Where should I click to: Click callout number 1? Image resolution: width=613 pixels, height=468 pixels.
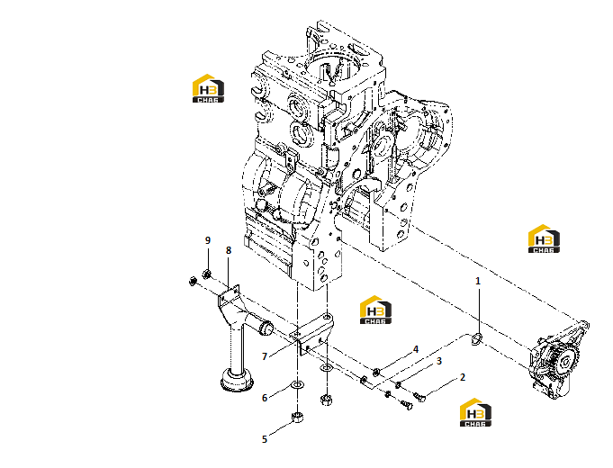[x=477, y=281]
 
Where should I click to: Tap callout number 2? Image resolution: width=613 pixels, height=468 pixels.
[x=463, y=377]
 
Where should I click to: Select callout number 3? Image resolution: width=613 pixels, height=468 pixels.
[x=439, y=361]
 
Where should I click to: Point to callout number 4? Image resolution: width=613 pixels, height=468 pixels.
[x=416, y=349]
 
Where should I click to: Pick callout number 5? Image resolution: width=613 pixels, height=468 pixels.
[x=265, y=439]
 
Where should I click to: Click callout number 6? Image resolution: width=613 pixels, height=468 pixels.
[x=265, y=398]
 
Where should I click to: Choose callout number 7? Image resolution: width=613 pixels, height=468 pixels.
[x=265, y=356]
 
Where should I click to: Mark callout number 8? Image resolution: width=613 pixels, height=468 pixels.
[x=229, y=250]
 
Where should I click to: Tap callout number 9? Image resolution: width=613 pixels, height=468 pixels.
[x=208, y=240]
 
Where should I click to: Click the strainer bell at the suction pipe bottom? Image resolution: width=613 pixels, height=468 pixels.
[x=237, y=380]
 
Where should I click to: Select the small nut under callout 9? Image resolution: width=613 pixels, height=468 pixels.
[x=207, y=274]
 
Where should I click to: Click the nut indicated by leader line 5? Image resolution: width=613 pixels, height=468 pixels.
[x=298, y=418]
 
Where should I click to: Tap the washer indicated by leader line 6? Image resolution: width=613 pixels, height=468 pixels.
[x=297, y=385]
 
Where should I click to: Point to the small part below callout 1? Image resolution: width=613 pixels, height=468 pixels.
[x=477, y=338]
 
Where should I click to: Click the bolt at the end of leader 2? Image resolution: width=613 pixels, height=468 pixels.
[x=419, y=397]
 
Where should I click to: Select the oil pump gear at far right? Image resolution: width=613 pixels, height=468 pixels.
[x=562, y=362]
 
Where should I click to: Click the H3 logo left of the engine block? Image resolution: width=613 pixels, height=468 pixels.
[x=208, y=89]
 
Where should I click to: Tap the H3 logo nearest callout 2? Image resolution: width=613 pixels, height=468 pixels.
[x=475, y=412]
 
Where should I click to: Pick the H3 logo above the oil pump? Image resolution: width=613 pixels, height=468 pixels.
[x=544, y=238]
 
